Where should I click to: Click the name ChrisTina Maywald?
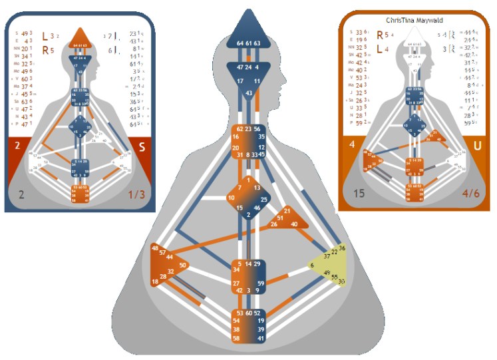pyautogui.click(x=413, y=21)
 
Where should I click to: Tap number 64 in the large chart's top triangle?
pyautogui.click(x=240, y=43)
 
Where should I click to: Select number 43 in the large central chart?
pyautogui.click(x=249, y=93)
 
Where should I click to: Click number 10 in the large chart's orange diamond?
pyautogui.click(x=231, y=197)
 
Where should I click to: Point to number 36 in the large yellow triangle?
pyautogui.click(x=343, y=248)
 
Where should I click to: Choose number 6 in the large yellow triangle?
pyautogui.click(x=311, y=266)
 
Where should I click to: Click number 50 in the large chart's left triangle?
pyautogui.click(x=183, y=265)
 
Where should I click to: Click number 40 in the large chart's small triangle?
pyautogui.click(x=294, y=224)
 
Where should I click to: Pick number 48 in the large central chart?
pyautogui.click(x=155, y=248)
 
